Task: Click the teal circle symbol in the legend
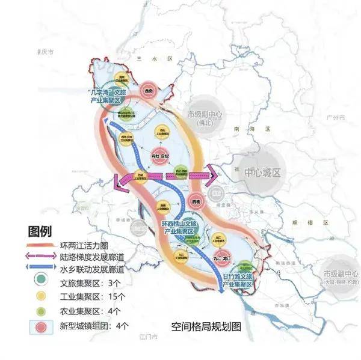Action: click(40, 281)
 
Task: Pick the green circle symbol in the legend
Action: click(40, 311)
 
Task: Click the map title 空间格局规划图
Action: click(206, 328)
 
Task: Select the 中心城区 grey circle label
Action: click(263, 173)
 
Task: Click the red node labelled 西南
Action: click(149, 91)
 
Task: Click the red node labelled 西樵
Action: click(195, 201)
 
